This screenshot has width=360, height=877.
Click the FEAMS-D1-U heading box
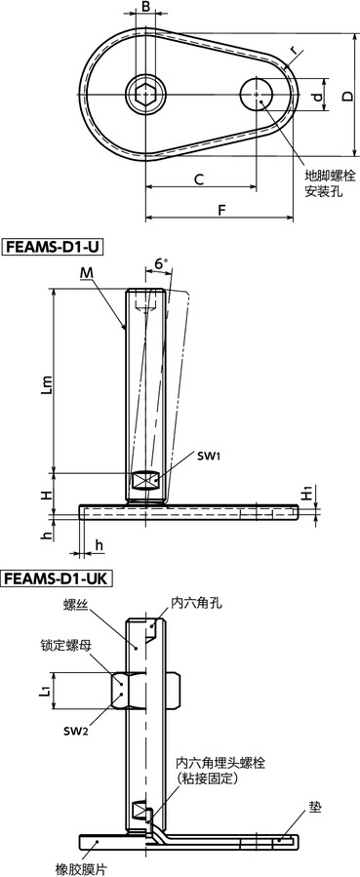53,247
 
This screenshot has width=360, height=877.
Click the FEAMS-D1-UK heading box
58,578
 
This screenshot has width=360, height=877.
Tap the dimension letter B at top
145,8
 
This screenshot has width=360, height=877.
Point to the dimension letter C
197,179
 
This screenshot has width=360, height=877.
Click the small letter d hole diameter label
315,97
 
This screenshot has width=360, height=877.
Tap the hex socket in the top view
145,96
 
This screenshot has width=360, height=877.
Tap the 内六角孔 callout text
196,603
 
